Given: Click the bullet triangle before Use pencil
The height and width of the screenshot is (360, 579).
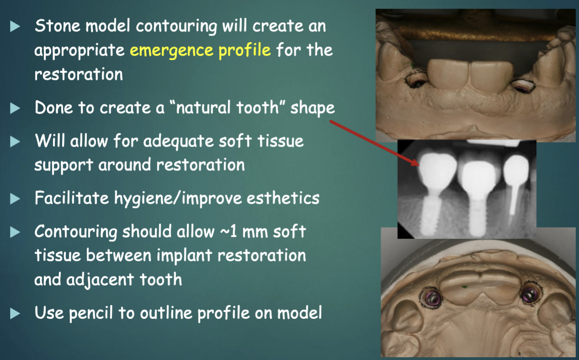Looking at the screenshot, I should (16, 313).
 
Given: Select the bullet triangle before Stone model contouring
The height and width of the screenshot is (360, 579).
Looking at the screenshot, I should (16, 26).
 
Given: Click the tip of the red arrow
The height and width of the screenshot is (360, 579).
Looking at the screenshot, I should (418, 164).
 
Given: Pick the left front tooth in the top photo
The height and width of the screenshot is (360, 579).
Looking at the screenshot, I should (452, 76).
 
